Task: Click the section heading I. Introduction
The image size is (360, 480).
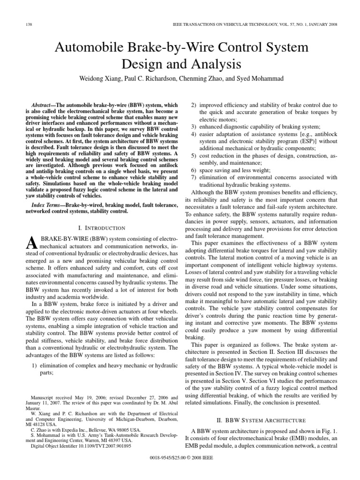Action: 102,228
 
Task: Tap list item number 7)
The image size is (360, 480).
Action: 195,178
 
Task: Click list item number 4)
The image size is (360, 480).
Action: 195,135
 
